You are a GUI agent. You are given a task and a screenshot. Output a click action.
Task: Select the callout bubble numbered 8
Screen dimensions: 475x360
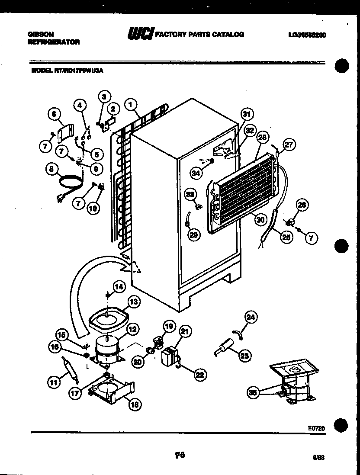tap(53, 170)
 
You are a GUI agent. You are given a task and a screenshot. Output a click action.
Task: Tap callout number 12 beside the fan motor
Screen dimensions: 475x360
tap(132, 329)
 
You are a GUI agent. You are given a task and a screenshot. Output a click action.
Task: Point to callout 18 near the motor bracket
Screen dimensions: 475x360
tap(135, 404)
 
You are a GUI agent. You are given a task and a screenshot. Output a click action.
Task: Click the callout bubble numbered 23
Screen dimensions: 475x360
tap(244, 355)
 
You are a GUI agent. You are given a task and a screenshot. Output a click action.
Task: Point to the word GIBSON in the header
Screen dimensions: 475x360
tap(37, 34)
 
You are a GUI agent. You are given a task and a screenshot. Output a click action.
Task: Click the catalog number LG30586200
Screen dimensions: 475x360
tap(306, 35)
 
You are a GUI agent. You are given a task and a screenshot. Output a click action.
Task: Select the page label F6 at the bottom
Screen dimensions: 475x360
tap(180, 454)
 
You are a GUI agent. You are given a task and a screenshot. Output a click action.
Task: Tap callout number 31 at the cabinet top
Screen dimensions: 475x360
tap(247, 115)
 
